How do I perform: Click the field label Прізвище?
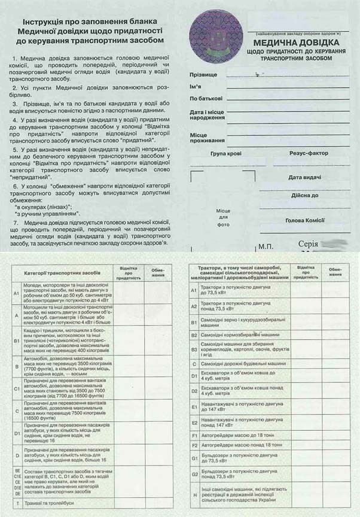tap(203, 75)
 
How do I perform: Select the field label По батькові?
tap(206, 98)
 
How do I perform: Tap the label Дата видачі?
tap(305, 177)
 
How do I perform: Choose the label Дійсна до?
tap(305, 195)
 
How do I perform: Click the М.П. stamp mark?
tap(265, 247)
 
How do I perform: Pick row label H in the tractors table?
tap(194, 494)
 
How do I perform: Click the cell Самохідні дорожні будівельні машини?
tap(240, 363)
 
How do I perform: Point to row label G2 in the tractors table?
tap(194, 473)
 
